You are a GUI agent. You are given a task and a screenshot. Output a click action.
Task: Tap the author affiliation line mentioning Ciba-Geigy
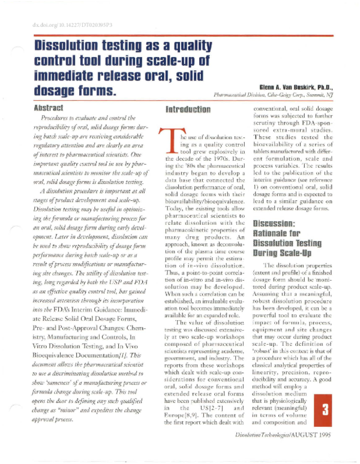[x=277, y=95]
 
